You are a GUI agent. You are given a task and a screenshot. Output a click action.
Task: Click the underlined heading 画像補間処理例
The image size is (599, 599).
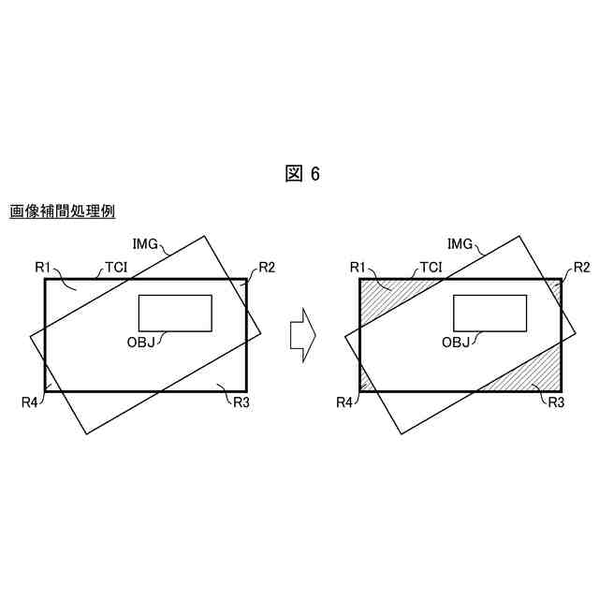62,212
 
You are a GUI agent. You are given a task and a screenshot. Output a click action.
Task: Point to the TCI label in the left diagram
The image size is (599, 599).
116,268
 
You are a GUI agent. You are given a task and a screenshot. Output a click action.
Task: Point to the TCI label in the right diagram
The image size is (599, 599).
431,268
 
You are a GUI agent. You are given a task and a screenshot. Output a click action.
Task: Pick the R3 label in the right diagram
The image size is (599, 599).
555,402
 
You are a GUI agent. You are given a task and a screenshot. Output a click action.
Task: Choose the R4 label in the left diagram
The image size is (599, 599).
31,402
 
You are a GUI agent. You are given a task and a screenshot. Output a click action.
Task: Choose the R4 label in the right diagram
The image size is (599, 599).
345,402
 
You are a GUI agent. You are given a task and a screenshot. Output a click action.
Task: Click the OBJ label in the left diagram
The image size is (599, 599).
140,342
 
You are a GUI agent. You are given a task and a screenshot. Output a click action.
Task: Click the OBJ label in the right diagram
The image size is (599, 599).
456,342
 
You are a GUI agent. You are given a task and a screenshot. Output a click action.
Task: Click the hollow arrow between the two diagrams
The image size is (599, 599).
301,333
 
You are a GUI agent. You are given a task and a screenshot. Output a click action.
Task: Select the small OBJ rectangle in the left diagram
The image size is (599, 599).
175,313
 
